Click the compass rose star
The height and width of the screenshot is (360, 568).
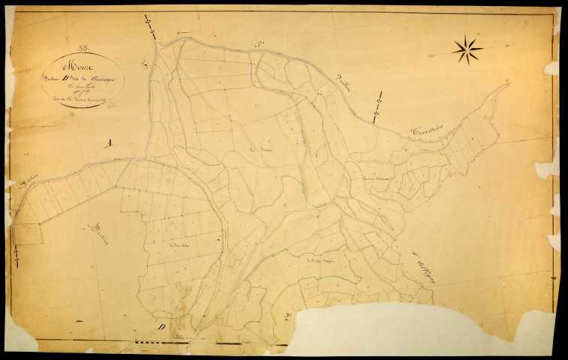467,49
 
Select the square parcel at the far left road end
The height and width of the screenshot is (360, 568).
27,233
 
